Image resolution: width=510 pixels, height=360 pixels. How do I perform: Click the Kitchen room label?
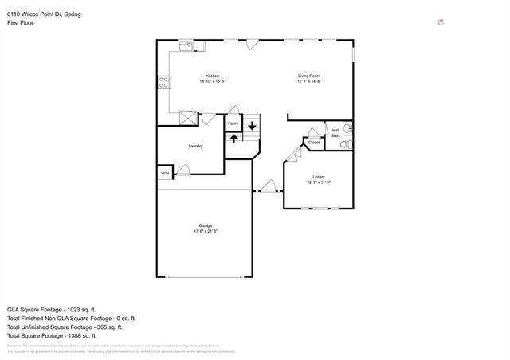(x=212, y=76)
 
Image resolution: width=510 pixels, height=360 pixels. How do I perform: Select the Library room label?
(x=318, y=177)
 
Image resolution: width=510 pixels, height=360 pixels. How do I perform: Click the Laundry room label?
(x=195, y=146)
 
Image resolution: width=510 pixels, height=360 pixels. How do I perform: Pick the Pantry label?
(x=233, y=123)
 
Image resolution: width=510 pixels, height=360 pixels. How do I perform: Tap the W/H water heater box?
(x=165, y=173)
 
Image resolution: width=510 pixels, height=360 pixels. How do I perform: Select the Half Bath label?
(x=335, y=133)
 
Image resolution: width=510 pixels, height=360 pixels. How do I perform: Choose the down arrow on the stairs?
(x=252, y=125)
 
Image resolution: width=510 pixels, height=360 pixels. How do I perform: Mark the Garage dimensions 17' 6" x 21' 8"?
(x=205, y=231)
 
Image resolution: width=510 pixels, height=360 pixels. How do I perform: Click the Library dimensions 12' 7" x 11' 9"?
(x=318, y=182)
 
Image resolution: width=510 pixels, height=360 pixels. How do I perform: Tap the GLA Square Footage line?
(x=51, y=308)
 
